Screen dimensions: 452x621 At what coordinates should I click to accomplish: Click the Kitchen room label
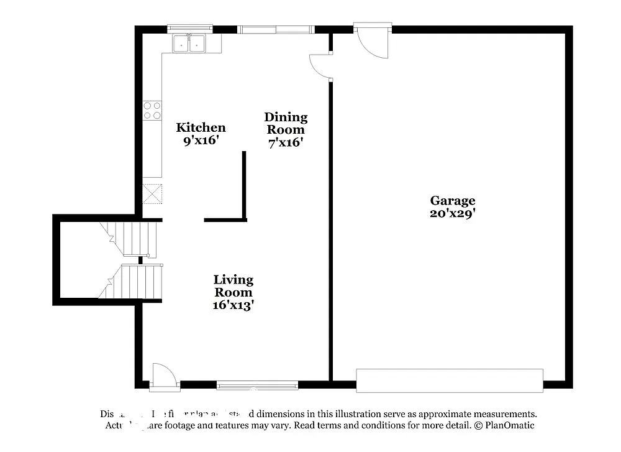pos(201,127)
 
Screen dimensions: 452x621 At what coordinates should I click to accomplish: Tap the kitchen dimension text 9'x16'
pos(201,141)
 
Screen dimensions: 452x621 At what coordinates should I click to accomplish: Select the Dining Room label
pos(286,123)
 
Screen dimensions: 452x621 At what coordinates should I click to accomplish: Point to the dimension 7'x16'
pos(286,142)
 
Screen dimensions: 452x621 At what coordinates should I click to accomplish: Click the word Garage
pos(453,200)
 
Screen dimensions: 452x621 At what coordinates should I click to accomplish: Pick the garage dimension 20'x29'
pos(453,213)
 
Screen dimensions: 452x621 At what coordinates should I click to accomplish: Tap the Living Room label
pos(233,286)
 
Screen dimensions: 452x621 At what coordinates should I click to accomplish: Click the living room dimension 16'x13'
pos(233,305)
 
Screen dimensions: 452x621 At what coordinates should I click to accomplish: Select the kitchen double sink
pos(189,43)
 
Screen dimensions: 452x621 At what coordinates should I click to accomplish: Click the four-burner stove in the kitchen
pos(152,111)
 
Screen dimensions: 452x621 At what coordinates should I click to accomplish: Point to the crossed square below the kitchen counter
pos(152,193)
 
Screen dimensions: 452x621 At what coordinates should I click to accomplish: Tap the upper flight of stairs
pos(134,239)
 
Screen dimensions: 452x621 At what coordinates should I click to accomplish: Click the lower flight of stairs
pos(134,281)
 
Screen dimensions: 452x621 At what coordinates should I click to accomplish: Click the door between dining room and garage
pos(322,65)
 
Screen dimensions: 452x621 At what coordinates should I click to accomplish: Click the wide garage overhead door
pos(450,380)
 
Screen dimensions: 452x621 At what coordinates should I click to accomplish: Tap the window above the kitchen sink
pos(190,28)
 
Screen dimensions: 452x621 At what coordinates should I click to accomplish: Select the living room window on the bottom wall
pos(257,385)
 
